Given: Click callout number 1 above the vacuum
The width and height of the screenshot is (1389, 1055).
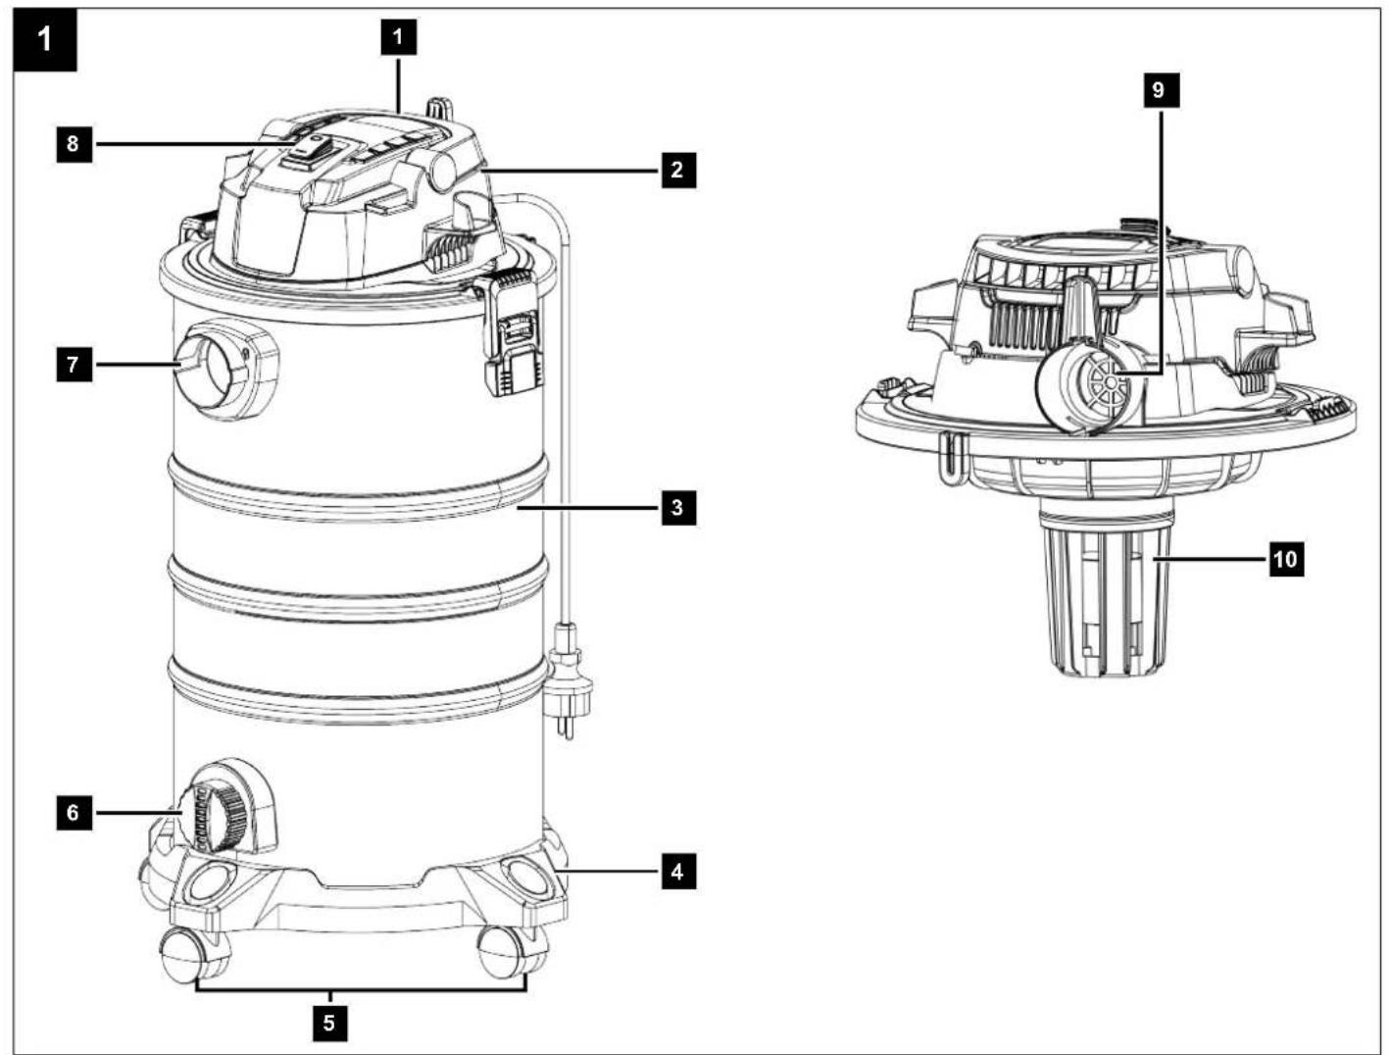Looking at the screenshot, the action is pos(398,36).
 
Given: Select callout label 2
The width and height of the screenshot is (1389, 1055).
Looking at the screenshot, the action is pos(678,170).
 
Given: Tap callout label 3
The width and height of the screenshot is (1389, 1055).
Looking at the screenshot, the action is pos(678,508).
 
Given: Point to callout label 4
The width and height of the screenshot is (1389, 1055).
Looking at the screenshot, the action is pos(678,872).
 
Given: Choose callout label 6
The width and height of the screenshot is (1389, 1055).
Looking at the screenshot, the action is pos(74,812).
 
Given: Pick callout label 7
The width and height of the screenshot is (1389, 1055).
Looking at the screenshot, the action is pos(74,364).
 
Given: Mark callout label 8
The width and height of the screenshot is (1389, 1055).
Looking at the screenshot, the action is pos(74,144).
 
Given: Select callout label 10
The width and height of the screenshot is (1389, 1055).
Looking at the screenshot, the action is pos(1286,560).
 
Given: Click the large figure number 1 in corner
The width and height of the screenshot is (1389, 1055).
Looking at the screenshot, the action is pos(45,40).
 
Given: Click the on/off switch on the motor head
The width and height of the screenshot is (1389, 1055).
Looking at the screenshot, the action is pos(312,151).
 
